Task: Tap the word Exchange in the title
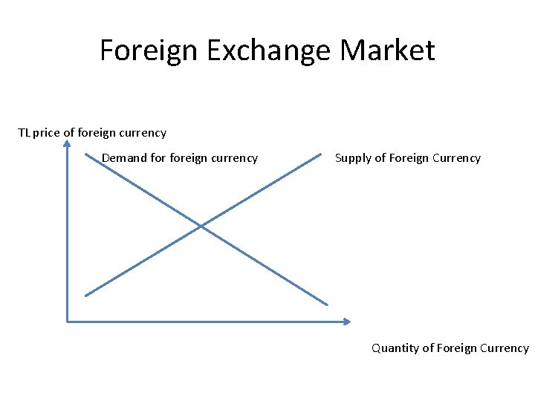(270, 50)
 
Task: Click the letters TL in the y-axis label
(24, 133)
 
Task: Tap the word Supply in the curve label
(353, 158)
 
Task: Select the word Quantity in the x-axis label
(395, 348)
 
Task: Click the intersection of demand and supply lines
(201, 225)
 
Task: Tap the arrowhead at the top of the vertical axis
(67, 151)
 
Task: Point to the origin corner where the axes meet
(68, 322)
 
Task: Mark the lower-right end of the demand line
(326, 304)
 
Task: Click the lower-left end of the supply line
(85, 296)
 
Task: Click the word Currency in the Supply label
(456, 158)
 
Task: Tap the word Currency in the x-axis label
(504, 348)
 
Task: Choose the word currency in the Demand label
(233, 158)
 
